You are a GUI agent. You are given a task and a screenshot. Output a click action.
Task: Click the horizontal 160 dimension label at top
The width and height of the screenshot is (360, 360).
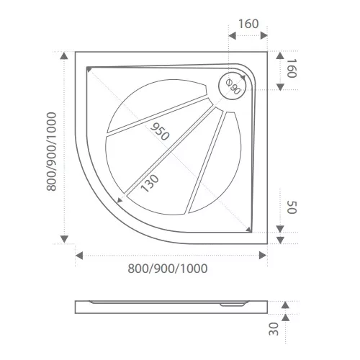[248, 24]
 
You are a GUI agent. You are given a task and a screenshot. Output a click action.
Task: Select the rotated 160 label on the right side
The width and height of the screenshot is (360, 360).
[292, 68]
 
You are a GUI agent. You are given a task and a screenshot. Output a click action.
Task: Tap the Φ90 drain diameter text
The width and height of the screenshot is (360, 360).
[233, 86]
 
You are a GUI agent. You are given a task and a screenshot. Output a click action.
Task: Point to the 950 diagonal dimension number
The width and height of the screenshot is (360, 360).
[160, 132]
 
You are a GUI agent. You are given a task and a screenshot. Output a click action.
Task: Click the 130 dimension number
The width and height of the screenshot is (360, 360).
[150, 184]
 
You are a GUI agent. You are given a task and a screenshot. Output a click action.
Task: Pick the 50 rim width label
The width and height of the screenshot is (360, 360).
[292, 207]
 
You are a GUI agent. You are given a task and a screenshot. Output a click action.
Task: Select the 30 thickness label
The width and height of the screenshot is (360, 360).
[274, 329]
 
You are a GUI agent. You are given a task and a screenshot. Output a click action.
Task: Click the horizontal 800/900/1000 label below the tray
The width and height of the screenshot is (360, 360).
[168, 269]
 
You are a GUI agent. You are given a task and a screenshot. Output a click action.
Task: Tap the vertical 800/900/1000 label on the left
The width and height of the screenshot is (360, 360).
[51, 151]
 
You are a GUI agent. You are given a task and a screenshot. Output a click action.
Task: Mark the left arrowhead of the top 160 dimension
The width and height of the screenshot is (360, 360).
[232, 36]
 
